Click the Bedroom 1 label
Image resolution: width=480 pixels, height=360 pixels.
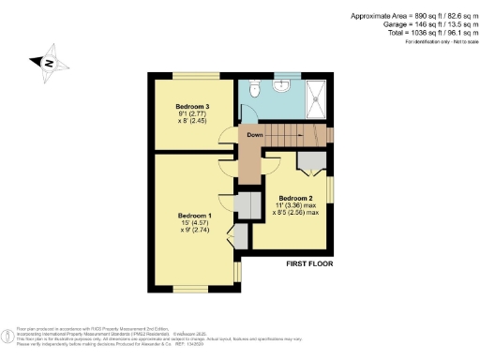[196, 216]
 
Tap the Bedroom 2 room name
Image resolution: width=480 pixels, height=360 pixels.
[296, 198]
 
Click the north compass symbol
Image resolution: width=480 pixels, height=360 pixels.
[48, 63]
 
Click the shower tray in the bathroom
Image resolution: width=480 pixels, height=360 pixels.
[315, 96]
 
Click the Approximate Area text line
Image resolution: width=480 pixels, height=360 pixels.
[412, 16]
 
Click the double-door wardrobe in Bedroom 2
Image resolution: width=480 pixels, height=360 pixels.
[308, 161]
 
